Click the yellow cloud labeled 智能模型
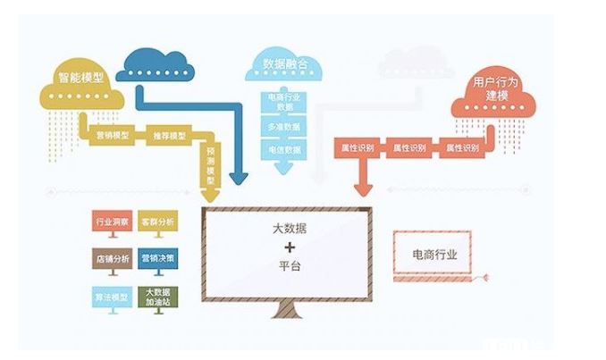coord(81,90)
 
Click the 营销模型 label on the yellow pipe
coord(113,136)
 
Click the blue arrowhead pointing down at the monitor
coord(238,178)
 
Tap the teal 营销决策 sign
coord(158,258)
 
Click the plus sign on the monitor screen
coord(288,246)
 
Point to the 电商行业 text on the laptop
coord(434,255)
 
